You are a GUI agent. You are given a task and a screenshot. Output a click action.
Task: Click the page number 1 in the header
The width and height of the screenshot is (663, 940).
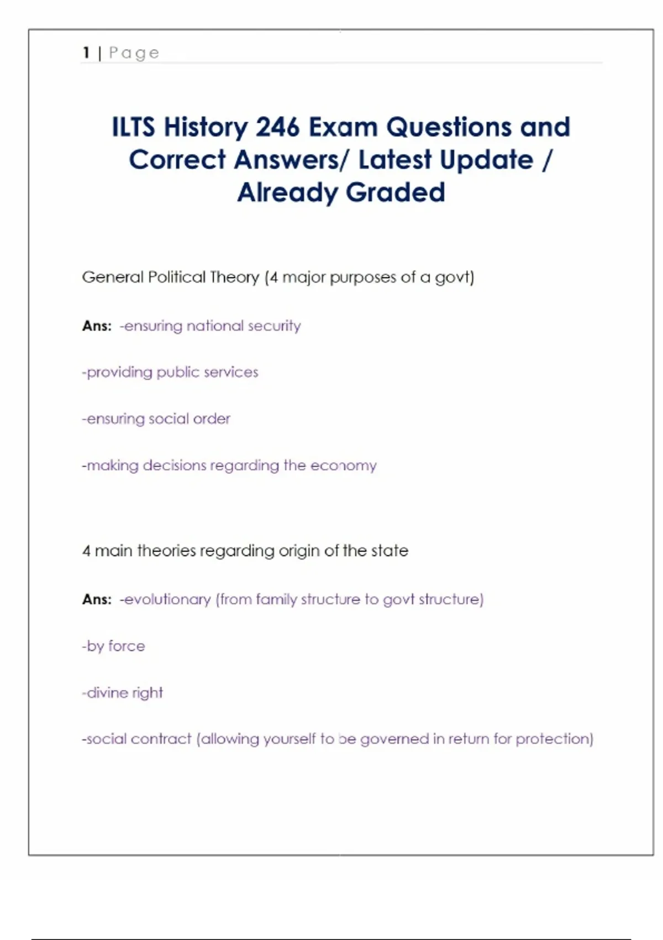point(86,53)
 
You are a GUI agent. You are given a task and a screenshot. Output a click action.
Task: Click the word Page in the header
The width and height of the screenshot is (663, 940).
point(134,53)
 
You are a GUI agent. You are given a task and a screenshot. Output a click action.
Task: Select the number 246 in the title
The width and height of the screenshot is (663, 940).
point(277,127)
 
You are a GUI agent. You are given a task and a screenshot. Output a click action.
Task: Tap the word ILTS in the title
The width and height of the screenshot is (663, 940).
point(133,127)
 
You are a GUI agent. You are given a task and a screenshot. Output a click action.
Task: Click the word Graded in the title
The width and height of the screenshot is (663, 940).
point(395,192)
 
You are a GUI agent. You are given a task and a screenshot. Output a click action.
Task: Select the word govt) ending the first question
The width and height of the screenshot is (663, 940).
point(454,277)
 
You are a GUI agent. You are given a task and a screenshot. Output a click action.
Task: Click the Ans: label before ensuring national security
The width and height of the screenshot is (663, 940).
point(97,326)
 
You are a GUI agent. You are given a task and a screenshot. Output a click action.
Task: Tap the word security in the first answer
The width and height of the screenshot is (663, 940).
point(274,326)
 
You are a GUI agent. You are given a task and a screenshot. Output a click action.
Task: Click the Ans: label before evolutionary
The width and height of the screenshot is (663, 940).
point(97,599)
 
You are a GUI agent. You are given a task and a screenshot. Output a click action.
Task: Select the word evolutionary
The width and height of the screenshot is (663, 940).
point(168,599)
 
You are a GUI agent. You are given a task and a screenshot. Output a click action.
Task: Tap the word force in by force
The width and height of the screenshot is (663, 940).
point(127,646)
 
